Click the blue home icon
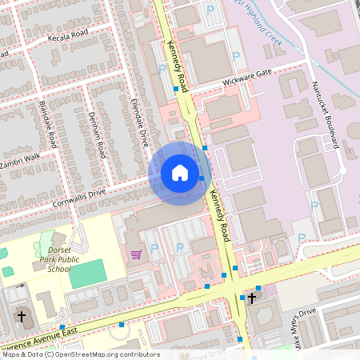[180, 173]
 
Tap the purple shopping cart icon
[137, 254]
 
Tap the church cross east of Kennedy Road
[252, 298]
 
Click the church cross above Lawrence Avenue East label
[22, 316]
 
